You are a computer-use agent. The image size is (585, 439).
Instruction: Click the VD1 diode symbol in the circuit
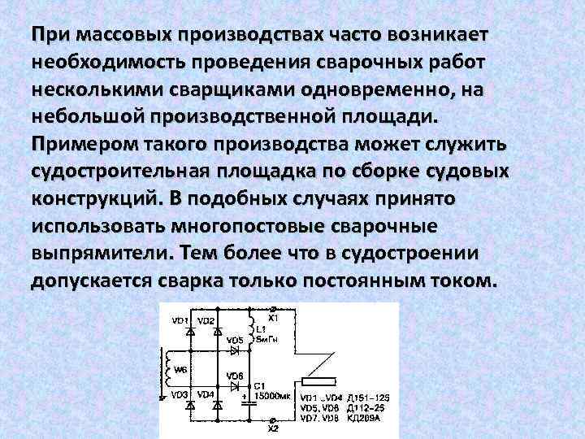(x=190, y=333)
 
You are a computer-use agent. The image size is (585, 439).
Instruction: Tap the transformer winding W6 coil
(x=169, y=367)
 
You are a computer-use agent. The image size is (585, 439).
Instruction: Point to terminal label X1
(x=284, y=318)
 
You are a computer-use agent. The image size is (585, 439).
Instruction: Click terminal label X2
(x=273, y=428)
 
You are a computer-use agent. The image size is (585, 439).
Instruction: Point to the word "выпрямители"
(x=98, y=254)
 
